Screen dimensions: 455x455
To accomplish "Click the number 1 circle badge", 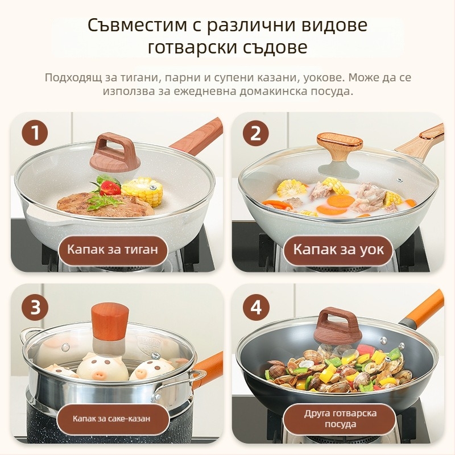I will [35, 134].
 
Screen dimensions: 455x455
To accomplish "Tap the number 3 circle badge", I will [35, 308].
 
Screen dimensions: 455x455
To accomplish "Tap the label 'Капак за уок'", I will [338, 249].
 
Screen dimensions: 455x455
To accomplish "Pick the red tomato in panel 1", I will [110, 187].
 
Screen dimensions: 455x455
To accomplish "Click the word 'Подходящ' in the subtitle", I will [73, 77].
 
